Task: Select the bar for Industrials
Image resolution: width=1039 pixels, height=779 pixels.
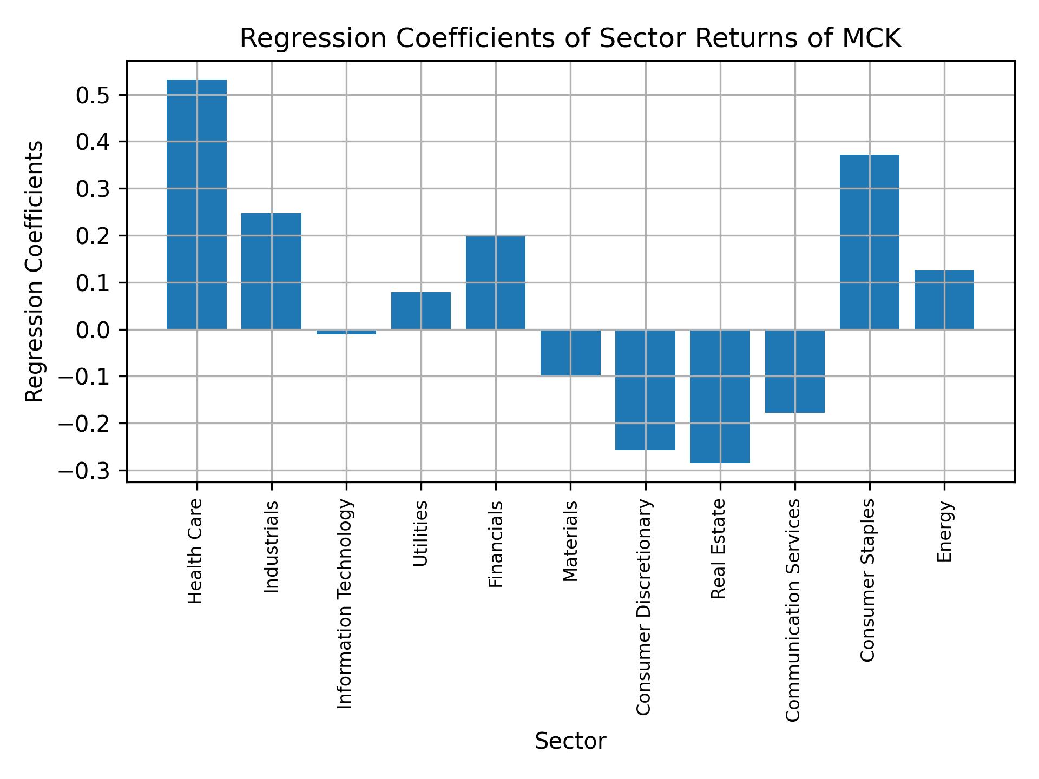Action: [271, 271]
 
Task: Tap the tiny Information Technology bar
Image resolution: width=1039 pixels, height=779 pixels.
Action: [346, 332]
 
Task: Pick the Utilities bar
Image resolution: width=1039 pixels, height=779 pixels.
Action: [421, 311]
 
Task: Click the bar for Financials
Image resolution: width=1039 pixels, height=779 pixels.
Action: [496, 282]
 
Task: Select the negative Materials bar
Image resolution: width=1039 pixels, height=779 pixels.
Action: [570, 352]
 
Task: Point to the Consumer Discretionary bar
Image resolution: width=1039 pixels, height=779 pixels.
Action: [645, 389]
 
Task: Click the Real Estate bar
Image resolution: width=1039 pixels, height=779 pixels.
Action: [720, 396]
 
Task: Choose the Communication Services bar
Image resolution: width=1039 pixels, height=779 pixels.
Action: [794, 371]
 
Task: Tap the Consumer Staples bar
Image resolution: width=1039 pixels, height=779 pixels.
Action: [869, 242]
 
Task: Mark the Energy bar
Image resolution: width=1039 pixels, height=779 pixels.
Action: [944, 300]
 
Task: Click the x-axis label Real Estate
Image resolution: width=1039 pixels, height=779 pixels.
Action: [718, 549]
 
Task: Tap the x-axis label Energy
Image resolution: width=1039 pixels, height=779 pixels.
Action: [944, 532]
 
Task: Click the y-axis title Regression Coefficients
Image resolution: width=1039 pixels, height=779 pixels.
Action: [35, 272]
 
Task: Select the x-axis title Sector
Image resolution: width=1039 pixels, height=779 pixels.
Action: [570, 742]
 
